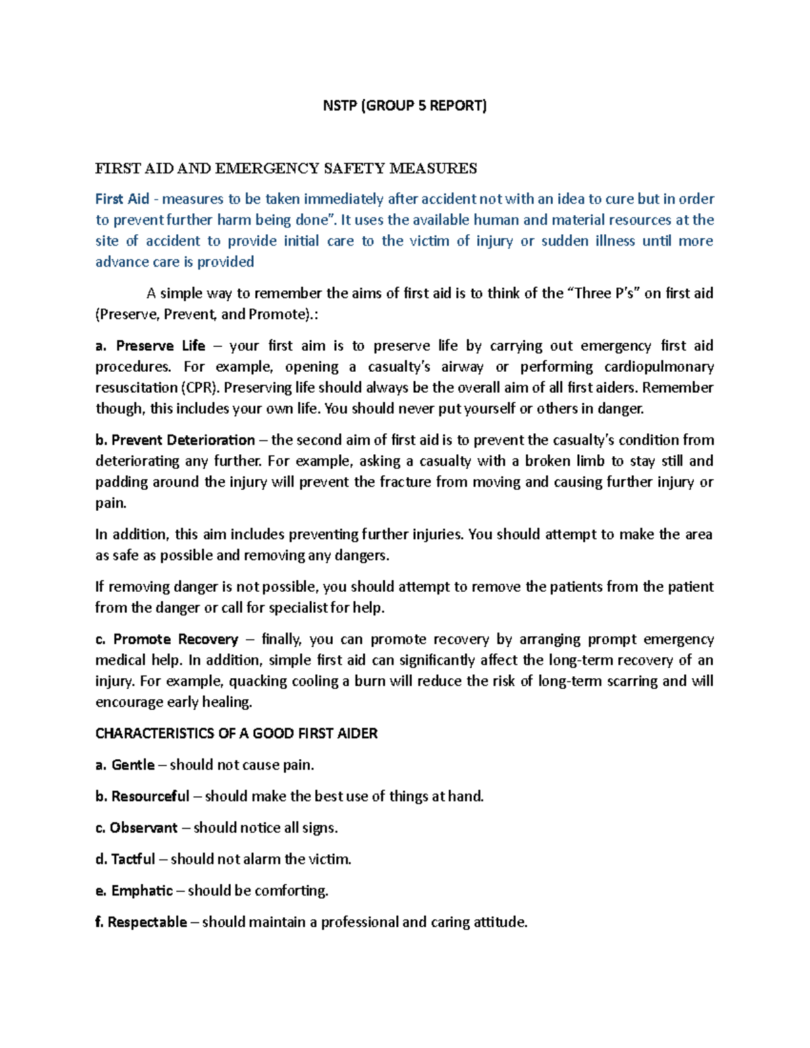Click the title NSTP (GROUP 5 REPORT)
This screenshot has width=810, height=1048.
pyautogui.click(x=404, y=105)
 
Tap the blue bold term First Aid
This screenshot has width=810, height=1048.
pyautogui.click(x=122, y=199)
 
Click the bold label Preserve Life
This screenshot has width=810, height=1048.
pyautogui.click(x=161, y=346)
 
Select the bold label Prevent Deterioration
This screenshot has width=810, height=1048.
pyautogui.click(x=183, y=441)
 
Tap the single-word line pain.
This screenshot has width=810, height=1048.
pyautogui.click(x=111, y=503)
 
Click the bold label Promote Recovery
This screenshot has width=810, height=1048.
pyautogui.click(x=175, y=640)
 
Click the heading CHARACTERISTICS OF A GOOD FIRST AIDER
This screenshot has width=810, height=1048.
pyautogui.click(x=236, y=734)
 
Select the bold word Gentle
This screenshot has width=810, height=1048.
pyautogui.click(x=133, y=765)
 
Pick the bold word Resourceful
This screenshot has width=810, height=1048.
pyautogui.click(x=150, y=797)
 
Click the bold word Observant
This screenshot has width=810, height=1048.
pyautogui.click(x=144, y=828)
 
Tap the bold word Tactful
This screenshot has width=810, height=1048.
pyautogui.click(x=133, y=860)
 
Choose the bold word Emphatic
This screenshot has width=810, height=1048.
pyautogui.click(x=142, y=891)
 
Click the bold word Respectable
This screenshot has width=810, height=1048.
pyautogui.click(x=147, y=922)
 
